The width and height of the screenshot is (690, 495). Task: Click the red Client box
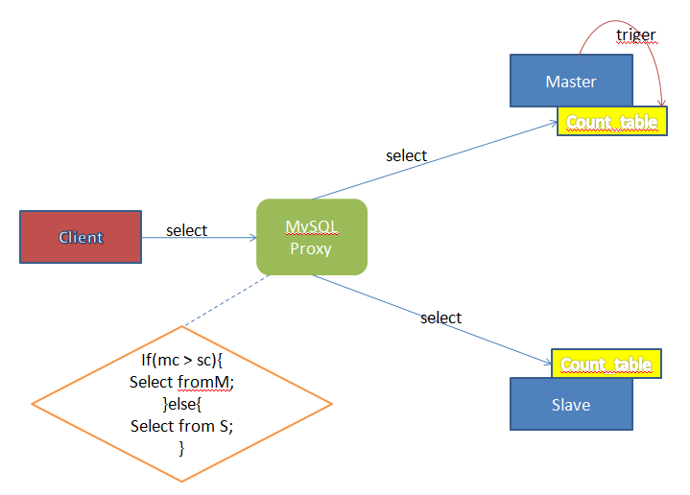(81, 237)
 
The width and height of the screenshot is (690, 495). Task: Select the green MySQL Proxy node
(311, 237)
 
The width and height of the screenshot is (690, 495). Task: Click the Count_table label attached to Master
(611, 122)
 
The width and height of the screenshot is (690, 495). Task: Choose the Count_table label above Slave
(606, 365)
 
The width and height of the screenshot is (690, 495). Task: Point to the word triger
(635, 35)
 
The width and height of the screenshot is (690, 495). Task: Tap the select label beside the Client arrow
(186, 230)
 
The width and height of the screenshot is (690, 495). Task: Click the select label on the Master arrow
(406, 154)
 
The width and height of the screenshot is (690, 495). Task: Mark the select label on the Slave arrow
(440, 318)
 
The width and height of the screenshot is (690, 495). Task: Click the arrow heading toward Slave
(432, 320)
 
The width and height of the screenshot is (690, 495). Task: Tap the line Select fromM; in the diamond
(181, 382)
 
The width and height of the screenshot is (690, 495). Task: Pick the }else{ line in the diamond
(181, 404)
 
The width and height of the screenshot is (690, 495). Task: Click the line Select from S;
(181, 426)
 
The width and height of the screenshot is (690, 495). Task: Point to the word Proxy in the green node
(311, 249)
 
